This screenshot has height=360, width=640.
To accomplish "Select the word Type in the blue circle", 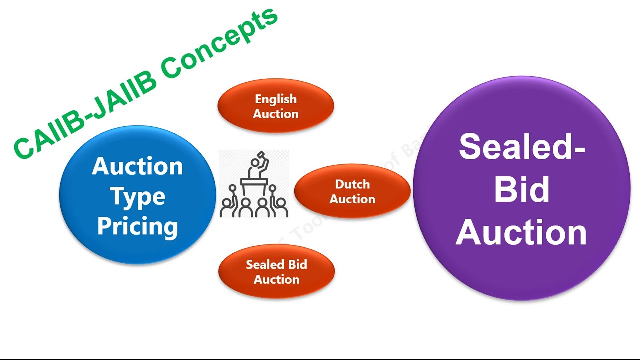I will click(137, 197).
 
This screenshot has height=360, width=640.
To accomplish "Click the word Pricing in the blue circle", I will click(137, 226).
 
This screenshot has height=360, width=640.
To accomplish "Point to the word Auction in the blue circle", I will click(137, 166).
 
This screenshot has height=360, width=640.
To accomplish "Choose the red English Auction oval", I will click(276, 106).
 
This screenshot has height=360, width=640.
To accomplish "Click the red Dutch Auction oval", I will click(352, 191).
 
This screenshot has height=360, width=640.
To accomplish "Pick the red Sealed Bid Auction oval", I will click(276, 271).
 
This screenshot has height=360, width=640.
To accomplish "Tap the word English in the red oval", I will click(276, 99).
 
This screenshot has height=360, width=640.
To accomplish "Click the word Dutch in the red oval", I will click(352, 184).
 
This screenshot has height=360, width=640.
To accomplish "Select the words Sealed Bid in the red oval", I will click(276, 265).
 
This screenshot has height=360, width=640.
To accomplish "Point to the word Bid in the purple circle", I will click(521, 190).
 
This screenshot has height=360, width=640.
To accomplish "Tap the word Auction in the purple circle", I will click(521, 233).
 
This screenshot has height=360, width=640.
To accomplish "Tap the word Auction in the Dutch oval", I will click(352, 199).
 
